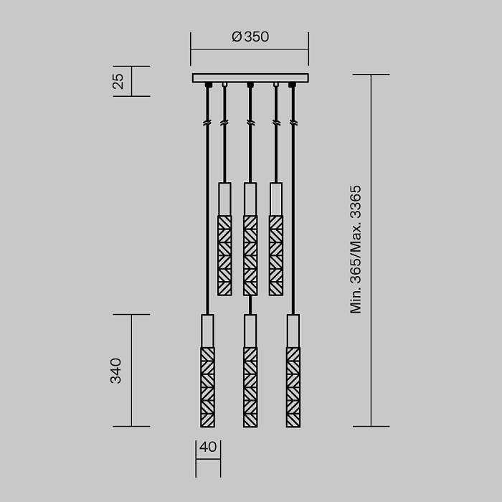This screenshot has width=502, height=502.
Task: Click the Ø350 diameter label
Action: coord(250,37)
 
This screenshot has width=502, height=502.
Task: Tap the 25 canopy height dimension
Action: coord(119,81)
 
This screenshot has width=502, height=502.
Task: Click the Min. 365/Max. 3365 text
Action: coord(356,250)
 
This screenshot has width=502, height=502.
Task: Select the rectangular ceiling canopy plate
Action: coord(250,77)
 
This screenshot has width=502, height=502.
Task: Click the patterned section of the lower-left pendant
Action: coord(207,387)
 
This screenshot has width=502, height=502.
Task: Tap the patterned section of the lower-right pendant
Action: coord(293,387)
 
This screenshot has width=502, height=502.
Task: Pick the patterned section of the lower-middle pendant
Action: coord(250,387)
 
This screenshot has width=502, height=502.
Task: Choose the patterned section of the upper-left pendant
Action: coord(224,255)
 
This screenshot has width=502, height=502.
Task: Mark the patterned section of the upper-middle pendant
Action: coord(250,255)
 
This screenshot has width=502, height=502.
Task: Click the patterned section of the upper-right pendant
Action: coord(276,255)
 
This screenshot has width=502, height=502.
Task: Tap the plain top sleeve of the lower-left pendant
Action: coord(207,331)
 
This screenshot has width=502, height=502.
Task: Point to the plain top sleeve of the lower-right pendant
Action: coord(293,331)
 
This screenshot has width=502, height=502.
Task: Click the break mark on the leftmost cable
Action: coord(207,123)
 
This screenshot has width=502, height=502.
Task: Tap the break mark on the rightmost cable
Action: coord(293,123)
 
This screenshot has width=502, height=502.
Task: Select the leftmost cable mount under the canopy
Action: coord(207,85)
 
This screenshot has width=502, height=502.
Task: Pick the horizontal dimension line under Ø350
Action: coord(250,49)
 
